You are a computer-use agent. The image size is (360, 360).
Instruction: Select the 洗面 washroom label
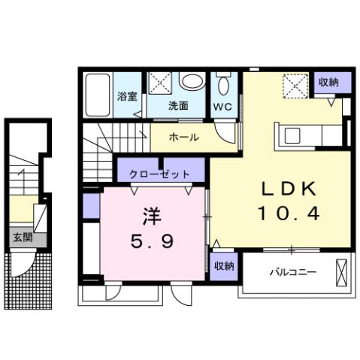point(177,105)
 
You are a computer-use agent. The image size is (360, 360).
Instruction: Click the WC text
point(223,106)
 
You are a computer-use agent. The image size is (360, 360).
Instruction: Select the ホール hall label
point(184,138)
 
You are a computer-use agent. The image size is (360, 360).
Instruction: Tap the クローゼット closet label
point(159,174)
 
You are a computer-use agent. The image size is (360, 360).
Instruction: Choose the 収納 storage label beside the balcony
point(222,266)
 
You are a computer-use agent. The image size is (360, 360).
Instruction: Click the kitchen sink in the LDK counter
point(293,136)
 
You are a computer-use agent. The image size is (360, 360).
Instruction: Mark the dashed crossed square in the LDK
point(292,86)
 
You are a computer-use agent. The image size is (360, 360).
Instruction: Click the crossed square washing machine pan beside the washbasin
point(159,83)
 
